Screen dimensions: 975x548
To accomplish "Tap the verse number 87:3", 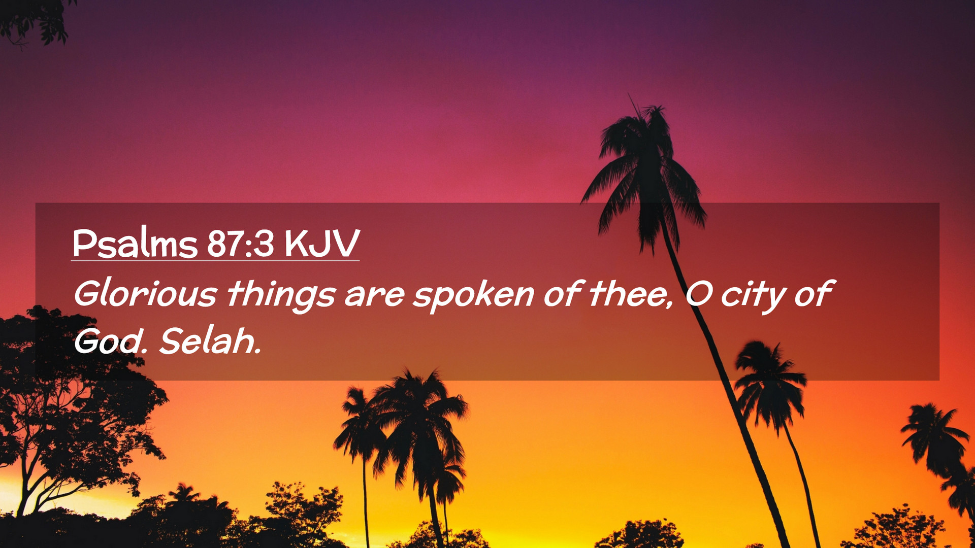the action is tap(241, 244).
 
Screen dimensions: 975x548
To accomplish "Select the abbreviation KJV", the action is tap(322, 244).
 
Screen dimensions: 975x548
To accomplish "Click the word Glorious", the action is tap(146, 294).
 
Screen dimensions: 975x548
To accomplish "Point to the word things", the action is tap(281, 295).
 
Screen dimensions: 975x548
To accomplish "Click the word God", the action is tap(110, 340).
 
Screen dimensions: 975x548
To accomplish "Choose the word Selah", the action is tap(210, 340).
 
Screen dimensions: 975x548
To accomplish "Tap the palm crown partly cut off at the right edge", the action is tap(939, 447).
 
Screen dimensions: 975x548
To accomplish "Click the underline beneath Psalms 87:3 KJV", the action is tap(215, 261).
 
